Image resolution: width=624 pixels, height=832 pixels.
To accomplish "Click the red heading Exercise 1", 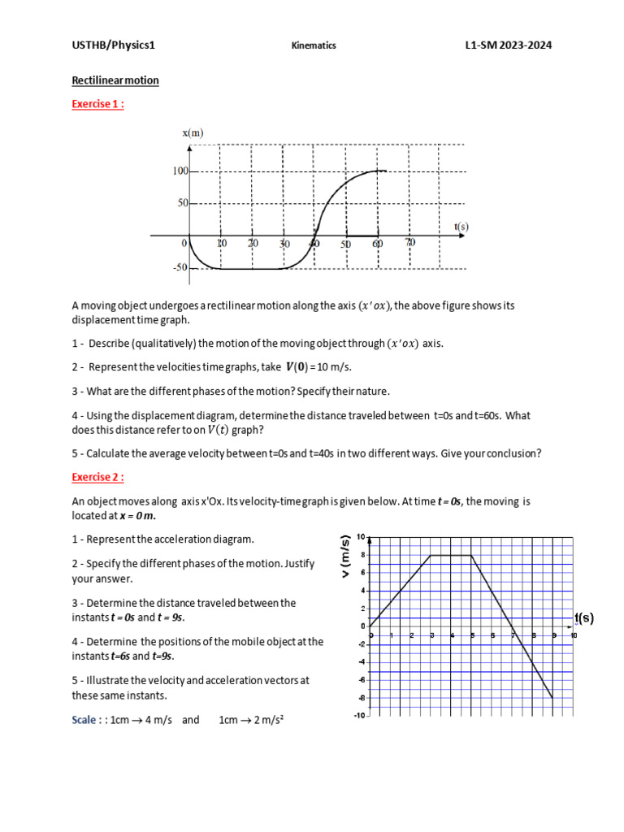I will point(97,103).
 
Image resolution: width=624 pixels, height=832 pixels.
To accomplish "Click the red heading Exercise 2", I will point(97,477).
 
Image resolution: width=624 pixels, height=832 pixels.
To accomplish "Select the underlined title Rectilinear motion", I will point(115,80).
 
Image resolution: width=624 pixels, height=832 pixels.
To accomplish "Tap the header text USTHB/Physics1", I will point(113,45).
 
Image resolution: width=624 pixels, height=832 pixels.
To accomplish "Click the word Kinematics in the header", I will point(314,46).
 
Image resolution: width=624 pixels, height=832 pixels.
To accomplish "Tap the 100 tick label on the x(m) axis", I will point(179,171).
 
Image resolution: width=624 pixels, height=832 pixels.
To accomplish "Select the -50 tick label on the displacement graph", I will point(178,267).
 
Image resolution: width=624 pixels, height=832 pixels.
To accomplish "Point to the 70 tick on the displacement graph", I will point(409,244).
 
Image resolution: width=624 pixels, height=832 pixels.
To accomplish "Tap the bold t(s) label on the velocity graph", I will point(583,617).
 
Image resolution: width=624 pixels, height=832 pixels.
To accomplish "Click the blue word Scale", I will point(86,720).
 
